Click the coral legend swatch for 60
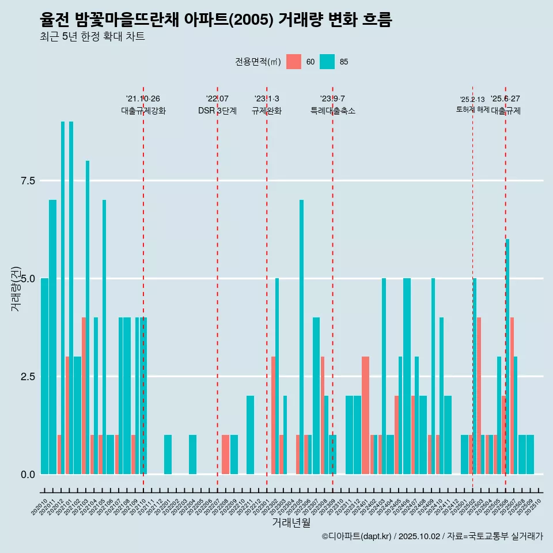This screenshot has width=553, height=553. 294,62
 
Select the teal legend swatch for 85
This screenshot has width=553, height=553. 327,62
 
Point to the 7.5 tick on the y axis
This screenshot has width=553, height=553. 28,181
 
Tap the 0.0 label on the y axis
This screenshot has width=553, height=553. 28,475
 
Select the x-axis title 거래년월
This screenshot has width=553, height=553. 291,523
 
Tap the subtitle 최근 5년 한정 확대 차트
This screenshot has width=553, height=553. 92,37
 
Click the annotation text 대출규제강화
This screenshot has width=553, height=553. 143,111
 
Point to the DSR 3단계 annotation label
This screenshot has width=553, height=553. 217,111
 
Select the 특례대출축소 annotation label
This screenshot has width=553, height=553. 333,111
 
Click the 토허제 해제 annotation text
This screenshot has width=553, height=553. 472,109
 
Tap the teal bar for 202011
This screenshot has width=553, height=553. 52,337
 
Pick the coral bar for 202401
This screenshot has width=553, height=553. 365,415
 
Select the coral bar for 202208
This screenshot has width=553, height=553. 225,454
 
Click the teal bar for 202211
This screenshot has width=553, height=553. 250,435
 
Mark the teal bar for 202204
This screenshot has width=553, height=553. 192,454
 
